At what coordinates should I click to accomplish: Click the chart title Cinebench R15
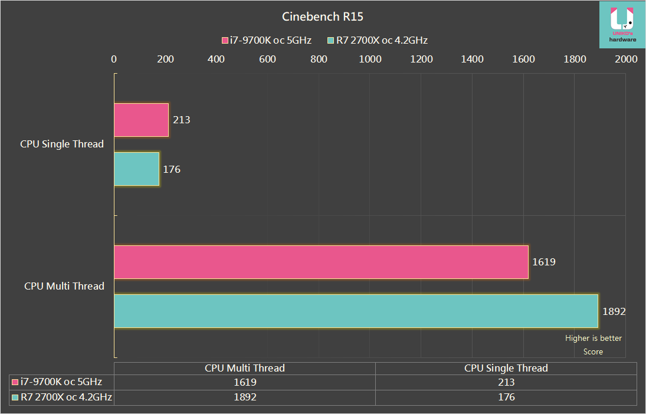coord(323,17)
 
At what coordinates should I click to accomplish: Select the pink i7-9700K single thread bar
coord(141,120)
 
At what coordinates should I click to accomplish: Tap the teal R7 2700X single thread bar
coord(136,169)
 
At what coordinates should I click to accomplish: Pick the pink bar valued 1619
coord(321,262)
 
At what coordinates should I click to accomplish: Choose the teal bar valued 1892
coord(356,311)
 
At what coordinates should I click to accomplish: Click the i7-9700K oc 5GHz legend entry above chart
coord(266,41)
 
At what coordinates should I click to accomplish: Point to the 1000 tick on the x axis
coord(370,59)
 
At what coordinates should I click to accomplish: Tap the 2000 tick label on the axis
coord(626,59)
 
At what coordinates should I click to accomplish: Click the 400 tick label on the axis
coord(217,59)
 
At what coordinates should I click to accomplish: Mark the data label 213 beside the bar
coord(182,120)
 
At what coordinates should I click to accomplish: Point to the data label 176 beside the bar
coord(172,169)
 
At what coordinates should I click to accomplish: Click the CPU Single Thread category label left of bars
coord(62,144)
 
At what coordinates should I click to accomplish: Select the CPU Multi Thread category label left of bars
coord(64,286)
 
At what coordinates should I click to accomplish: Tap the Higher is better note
coord(593,338)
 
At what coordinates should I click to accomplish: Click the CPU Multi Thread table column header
coord(244,368)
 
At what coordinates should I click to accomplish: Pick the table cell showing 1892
coord(244,397)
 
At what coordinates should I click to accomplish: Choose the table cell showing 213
coord(506,382)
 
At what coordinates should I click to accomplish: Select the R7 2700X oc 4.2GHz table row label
coord(61,397)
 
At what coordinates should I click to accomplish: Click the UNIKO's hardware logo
coord(622,24)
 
